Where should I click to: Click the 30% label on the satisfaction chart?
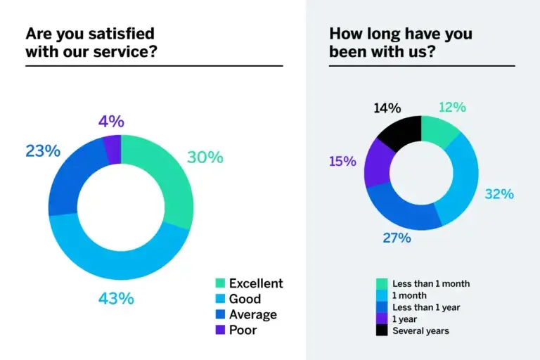205,157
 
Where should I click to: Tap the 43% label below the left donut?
115,298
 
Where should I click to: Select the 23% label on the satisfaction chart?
43,150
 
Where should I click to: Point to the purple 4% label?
111,121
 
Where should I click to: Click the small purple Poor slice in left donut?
113,148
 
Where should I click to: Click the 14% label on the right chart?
387,108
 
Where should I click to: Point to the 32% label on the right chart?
499,193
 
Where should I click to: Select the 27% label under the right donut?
396,238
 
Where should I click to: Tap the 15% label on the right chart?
343,161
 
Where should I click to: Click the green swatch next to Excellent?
220,283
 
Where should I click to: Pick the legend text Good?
244,299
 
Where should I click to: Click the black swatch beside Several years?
382,330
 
